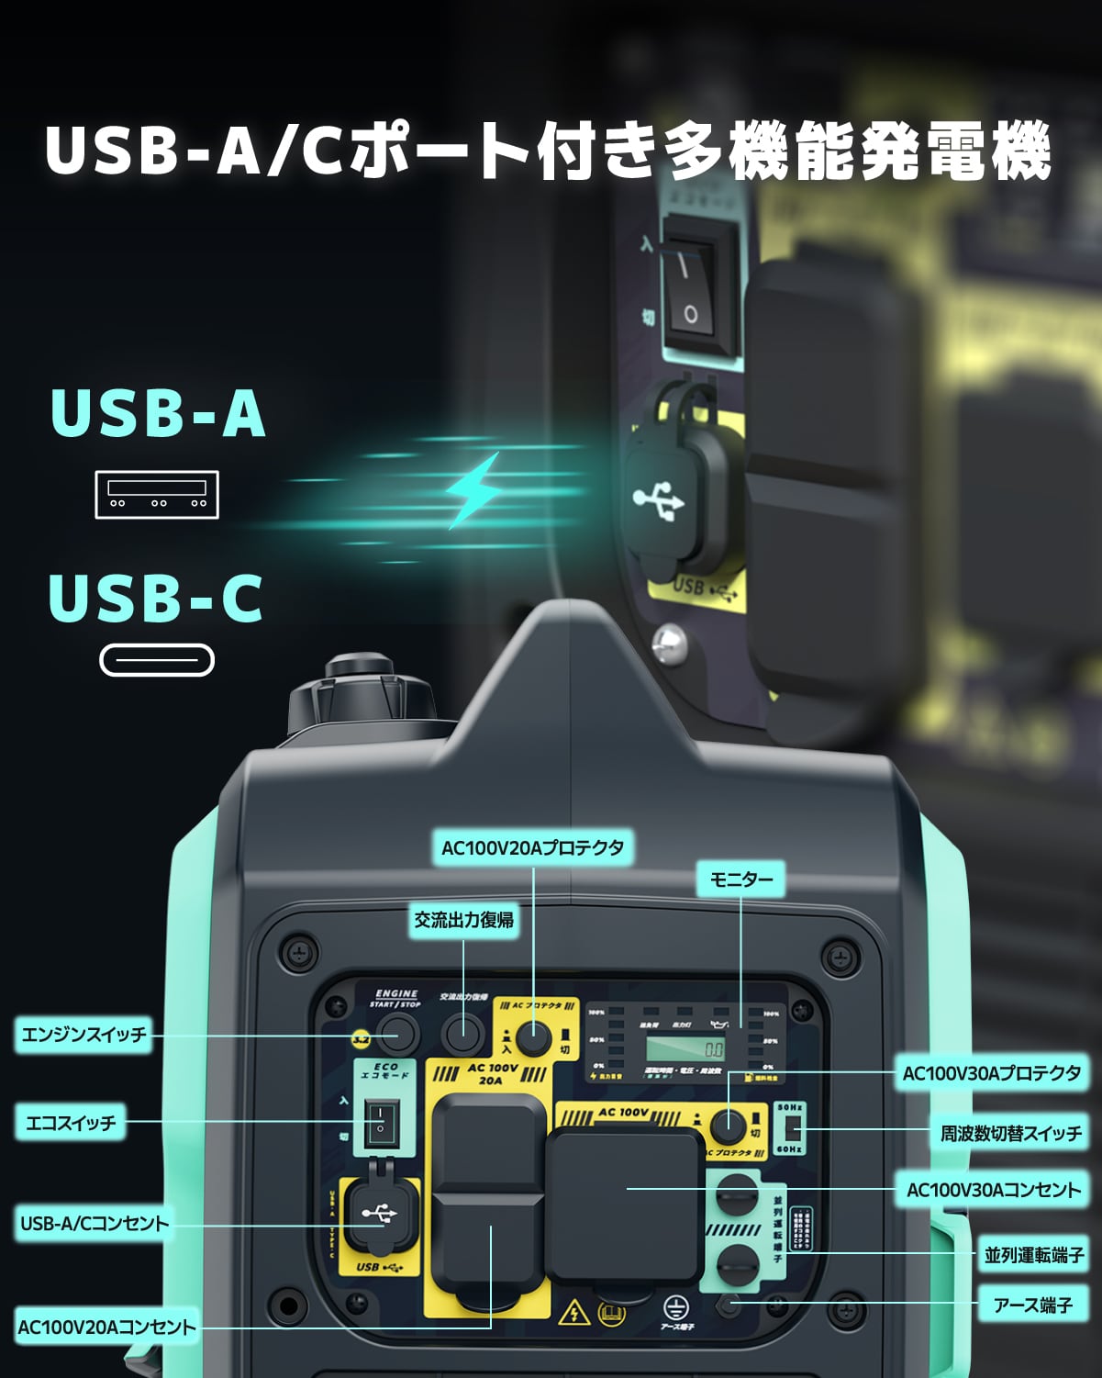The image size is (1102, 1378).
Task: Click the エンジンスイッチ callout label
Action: [x=83, y=1035]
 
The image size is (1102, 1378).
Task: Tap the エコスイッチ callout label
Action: [x=71, y=1123]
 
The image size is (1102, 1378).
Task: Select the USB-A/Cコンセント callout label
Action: [x=95, y=1224]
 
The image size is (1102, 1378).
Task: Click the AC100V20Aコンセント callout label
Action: [x=106, y=1327]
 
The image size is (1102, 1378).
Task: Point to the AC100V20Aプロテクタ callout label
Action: [x=532, y=847]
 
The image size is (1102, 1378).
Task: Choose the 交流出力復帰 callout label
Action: [x=463, y=920]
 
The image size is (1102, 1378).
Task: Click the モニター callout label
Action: [x=741, y=879]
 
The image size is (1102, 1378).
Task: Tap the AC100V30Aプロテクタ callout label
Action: [x=992, y=1073]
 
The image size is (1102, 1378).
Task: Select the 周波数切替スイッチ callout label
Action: [x=1011, y=1133]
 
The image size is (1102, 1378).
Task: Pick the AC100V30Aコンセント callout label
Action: [x=994, y=1190]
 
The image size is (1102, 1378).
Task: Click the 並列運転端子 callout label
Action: [x=1033, y=1255]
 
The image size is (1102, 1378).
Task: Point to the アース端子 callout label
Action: [x=1033, y=1305]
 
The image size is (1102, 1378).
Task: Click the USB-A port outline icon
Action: [x=157, y=495]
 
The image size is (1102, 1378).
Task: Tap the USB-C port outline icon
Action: [x=157, y=660]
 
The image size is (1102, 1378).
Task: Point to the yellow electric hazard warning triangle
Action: [x=574, y=1312]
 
